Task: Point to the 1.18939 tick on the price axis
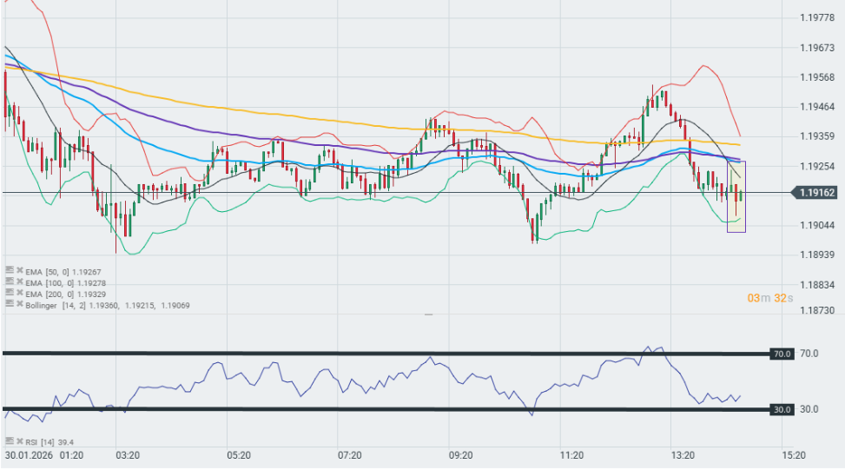817,255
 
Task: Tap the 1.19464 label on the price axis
817,106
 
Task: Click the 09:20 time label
460,455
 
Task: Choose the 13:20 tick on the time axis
683,455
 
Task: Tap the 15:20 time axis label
793,455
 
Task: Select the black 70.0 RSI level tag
782,354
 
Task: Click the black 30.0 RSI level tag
782,409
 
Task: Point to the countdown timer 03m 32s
769,298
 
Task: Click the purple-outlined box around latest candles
736,197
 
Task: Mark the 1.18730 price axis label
817,310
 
